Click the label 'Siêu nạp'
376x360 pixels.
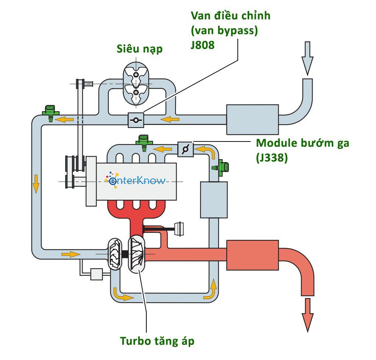point(139,49)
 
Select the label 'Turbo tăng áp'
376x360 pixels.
point(157,341)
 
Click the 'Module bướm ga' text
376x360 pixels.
point(302,143)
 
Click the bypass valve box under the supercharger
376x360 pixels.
point(135,120)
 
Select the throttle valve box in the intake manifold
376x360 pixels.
point(185,149)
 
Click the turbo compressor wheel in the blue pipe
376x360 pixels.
point(114,254)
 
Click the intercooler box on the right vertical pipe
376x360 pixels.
point(213,199)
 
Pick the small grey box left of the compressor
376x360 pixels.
point(96,274)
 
